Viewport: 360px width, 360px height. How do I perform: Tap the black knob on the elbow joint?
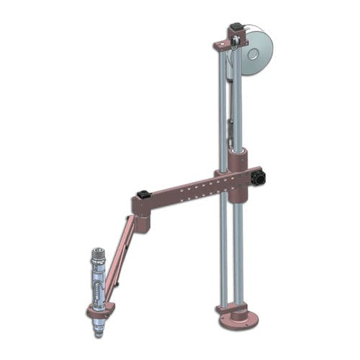(x=144, y=194)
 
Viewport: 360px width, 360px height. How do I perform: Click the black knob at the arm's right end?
(x=261, y=176)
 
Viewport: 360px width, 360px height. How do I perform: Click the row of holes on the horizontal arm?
(x=202, y=189)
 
